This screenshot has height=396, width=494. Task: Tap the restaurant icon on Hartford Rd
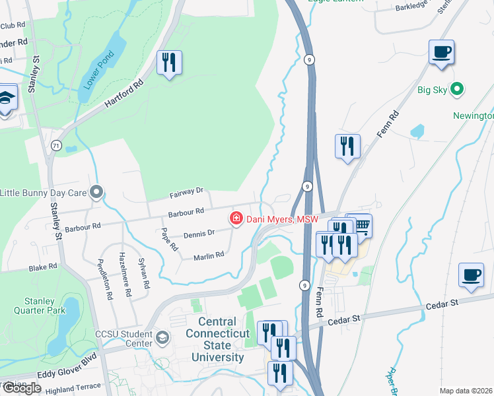(169, 63)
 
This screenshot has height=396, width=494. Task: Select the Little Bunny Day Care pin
(97, 193)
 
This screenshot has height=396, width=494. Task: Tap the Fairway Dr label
(186, 193)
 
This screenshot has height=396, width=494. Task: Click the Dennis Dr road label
(199, 234)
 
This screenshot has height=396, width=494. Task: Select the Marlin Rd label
(209, 255)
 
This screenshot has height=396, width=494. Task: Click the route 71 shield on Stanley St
(55, 145)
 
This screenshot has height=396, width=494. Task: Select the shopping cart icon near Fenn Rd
(361, 226)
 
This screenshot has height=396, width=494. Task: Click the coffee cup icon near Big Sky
(441, 51)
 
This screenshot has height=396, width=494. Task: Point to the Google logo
(21, 388)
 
